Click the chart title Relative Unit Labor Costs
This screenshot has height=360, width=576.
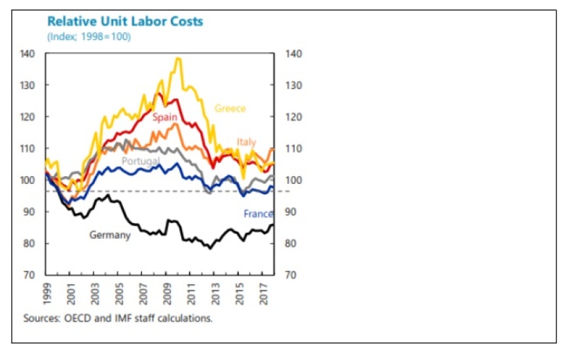[x=125, y=22]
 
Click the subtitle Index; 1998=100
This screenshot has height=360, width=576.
[x=89, y=37]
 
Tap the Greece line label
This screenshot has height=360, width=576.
[x=230, y=109]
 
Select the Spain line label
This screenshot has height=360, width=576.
[x=165, y=118]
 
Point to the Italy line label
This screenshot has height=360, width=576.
[x=247, y=142]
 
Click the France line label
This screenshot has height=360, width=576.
[x=258, y=213]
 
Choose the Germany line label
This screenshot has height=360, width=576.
[x=110, y=235]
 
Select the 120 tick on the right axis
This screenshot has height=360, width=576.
[x=294, y=117]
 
